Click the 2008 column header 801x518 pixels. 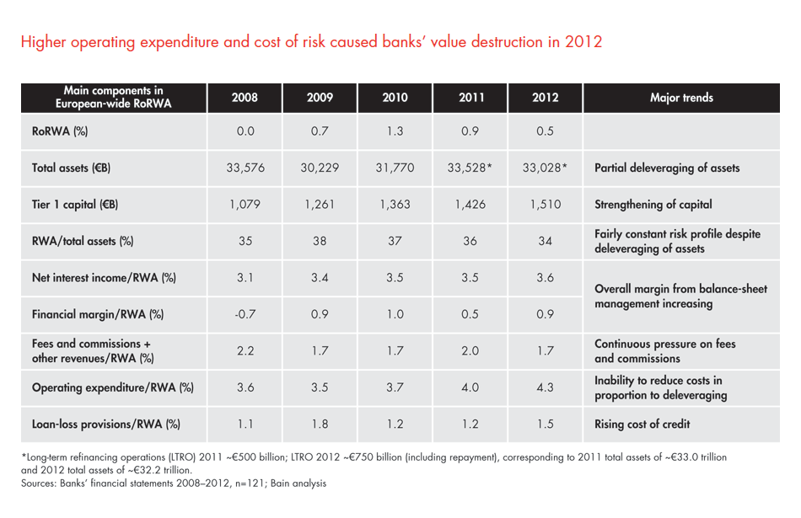click(245, 98)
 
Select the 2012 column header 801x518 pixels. click(545, 98)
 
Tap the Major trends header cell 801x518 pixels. click(681, 98)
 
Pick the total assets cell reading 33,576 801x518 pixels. click(245, 168)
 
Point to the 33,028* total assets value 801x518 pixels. click(545, 168)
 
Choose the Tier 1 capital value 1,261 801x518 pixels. click(320, 205)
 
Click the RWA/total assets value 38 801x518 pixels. click(320, 241)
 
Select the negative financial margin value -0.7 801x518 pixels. click(245, 315)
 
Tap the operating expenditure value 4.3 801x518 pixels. click(545, 387)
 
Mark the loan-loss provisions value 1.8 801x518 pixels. click(320, 424)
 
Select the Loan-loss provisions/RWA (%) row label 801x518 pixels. click(106, 424)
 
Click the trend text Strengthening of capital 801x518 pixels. click(653, 205)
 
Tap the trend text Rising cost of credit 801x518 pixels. click(642, 424)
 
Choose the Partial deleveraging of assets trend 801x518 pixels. click(667, 168)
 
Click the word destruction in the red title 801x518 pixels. click(503, 41)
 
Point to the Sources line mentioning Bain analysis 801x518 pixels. click(174, 483)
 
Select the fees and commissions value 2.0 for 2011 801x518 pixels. click(470, 351)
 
